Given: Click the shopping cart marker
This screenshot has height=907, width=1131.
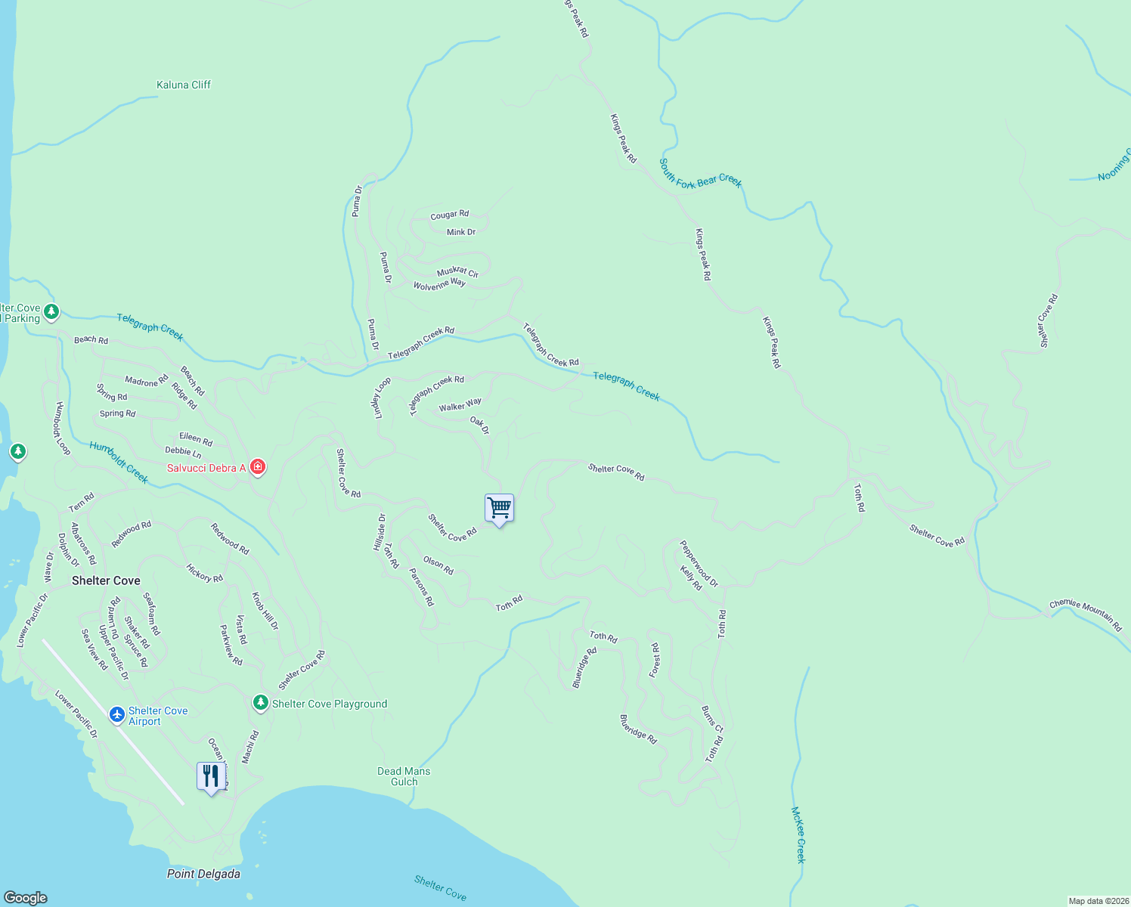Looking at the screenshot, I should [x=499, y=508].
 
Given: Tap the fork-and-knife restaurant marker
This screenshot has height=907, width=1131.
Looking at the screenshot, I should [x=211, y=776].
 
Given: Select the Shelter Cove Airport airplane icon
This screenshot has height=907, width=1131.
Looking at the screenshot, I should [x=116, y=714].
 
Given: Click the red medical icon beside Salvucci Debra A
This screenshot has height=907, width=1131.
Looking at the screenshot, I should [x=258, y=468].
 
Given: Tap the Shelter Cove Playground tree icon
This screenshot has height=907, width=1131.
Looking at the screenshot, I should [x=260, y=703].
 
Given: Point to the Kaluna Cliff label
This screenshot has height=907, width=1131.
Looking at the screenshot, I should [x=183, y=85].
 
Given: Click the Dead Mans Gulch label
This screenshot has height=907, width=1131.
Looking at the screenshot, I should [x=404, y=776].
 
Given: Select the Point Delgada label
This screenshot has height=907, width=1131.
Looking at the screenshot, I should [x=203, y=874].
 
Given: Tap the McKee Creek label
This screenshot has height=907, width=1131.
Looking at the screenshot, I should [x=798, y=834].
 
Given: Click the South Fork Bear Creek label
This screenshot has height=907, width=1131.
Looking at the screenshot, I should [x=700, y=173].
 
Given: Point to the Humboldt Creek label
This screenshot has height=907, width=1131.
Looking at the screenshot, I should [x=119, y=462].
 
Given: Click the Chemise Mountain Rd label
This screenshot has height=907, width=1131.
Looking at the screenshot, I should [x=1086, y=614].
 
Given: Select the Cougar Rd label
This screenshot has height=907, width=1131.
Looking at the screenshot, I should [x=449, y=215].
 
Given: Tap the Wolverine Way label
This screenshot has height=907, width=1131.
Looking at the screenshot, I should [x=439, y=285].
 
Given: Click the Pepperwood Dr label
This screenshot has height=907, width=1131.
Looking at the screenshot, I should [x=699, y=563].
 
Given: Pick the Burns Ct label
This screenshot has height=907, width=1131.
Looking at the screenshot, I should [x=712, y=720].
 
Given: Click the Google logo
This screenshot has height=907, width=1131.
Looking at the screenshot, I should [x=26, y=897].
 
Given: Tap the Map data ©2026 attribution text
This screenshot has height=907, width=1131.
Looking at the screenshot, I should [x=1098, y=901].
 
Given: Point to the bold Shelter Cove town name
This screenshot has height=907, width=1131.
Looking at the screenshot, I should [x=106, y=580].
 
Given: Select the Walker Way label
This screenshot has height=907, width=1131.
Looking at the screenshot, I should [x=460, y=405].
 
